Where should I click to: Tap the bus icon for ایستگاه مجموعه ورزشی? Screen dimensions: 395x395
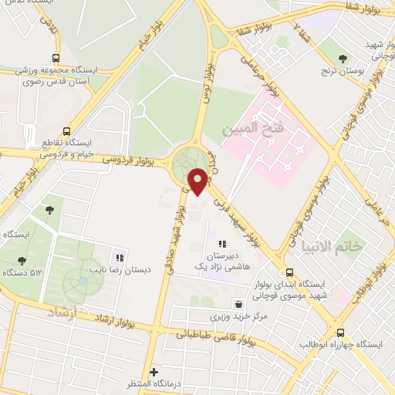click(55, 58)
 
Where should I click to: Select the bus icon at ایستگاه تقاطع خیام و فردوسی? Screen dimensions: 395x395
click(66, 131)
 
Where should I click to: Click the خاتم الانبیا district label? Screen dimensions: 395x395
click(325, 248)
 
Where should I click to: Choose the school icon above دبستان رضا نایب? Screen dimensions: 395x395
click(119, 257)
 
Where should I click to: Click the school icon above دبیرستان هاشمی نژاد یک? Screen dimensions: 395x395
click(222, 245)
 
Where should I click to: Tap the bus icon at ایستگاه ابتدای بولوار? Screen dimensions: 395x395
click(290, 272)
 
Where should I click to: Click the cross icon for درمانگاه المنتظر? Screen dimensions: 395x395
click(153, 372)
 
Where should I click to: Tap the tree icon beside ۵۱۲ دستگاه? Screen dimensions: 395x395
click(22, 261)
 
